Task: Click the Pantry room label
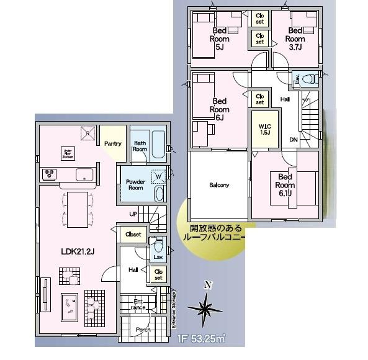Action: (113, 143)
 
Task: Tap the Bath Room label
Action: (140, 146)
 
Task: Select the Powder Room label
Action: (135, 184)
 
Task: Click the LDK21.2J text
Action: (78, 253)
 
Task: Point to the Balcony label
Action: (218, 185)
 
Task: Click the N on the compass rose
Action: (209, 286)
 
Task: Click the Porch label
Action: (143, 330)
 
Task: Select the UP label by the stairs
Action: (133, 214)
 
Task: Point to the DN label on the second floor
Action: (294, 139)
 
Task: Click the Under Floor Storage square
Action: (68, 153)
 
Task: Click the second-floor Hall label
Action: (285, 99)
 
